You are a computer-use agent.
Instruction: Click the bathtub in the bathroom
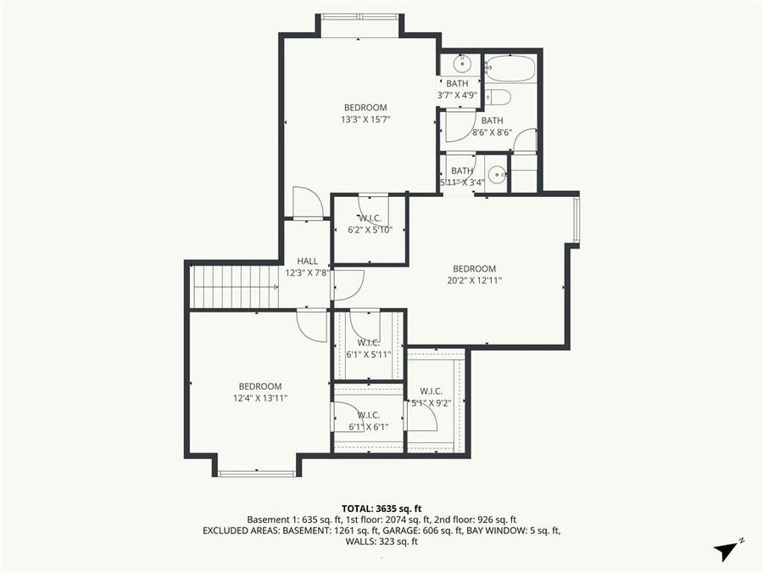coord(510,69)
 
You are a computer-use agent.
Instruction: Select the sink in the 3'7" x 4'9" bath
coord(462,63)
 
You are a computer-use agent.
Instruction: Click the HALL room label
coord(307,261)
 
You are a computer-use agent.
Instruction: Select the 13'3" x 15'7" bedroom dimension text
coord(365,119)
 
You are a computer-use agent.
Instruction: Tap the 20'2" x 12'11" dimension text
coord(474,280)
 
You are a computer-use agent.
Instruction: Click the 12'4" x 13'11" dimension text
coord(260,397)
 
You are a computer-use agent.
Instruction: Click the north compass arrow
coord(727,550)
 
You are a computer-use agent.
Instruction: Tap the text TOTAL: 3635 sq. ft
coord(381,507)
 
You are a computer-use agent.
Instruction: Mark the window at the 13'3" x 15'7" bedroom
coord(359,15)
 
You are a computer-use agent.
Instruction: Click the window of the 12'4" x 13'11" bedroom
coord(245,473)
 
